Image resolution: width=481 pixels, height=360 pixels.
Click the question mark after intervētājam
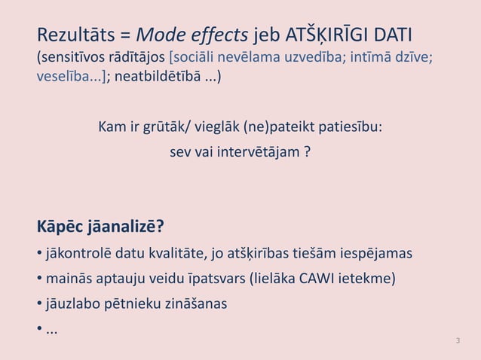pos(307,151)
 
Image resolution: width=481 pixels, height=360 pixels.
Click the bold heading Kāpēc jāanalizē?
pos(100,226)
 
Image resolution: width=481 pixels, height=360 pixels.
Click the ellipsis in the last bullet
pos(52,329)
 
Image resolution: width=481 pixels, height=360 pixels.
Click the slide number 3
pos(458,342)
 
